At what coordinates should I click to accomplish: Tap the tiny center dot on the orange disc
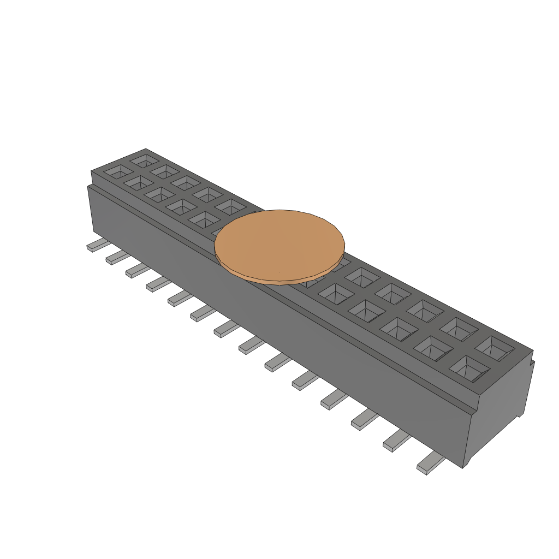click(279, 272)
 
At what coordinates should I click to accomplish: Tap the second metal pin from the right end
click(396, 441)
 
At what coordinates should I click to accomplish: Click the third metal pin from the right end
click(365, 419)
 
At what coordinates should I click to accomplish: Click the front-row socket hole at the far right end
click(469, 369)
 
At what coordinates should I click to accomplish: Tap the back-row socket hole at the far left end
click(145, 160)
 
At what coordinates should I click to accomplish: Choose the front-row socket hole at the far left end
click(116, 171)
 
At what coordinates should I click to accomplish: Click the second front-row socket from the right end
click(434, 347)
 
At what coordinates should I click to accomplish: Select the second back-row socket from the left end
click(165, 170)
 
